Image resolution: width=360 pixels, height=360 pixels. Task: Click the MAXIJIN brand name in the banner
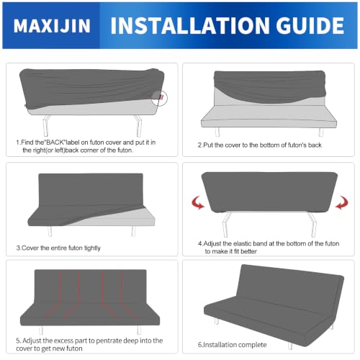(52, 26)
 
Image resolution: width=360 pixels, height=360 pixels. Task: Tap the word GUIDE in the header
(310, 25)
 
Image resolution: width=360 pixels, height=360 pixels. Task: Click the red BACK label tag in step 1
(161, 97)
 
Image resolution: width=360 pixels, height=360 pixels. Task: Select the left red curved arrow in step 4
(198, 203)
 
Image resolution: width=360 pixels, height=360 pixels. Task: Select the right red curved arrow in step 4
(342, 203)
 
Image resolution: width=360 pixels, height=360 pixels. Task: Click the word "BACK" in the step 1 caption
(55, 143)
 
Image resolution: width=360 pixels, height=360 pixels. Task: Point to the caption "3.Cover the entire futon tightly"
(58, 248)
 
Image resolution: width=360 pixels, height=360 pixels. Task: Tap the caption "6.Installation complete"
(232, 345)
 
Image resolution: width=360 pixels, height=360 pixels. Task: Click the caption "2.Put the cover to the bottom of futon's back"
(260, 145)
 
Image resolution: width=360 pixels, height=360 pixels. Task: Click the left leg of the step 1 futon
(46, 125)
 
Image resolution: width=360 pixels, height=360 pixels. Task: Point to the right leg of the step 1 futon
(138, 125)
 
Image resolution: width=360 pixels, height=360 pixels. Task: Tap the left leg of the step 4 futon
(226, 225)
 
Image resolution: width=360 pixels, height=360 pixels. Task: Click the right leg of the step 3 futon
(133, 231)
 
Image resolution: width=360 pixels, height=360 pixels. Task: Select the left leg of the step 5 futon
(41, 330)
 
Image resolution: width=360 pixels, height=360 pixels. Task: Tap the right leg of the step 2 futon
(320, 132)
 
